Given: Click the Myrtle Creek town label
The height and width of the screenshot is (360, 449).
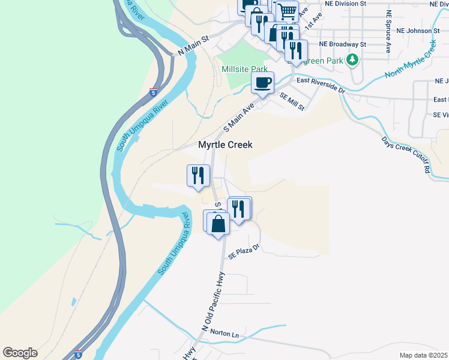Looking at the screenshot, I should tap(225, 145).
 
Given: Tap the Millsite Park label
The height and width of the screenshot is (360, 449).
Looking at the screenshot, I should tap(244, 69).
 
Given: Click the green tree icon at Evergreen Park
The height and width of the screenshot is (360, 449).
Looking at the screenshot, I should tap(352, 60).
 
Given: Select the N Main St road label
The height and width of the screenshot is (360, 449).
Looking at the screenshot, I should tap(192, 46).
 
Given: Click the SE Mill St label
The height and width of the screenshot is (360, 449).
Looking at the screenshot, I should tap(292, 102).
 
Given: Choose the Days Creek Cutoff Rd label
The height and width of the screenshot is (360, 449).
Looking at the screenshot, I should tap(406, 155).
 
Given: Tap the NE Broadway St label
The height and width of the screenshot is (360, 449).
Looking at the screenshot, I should tap(342, 44).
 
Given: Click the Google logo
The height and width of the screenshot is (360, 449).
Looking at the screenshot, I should tap(20, 353).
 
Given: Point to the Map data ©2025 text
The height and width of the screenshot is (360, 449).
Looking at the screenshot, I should tap(423, 355).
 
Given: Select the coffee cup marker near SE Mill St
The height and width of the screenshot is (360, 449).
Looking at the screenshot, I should tap(262, 83).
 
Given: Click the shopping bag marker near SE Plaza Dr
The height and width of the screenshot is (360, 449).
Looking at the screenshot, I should tap(219, 225).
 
